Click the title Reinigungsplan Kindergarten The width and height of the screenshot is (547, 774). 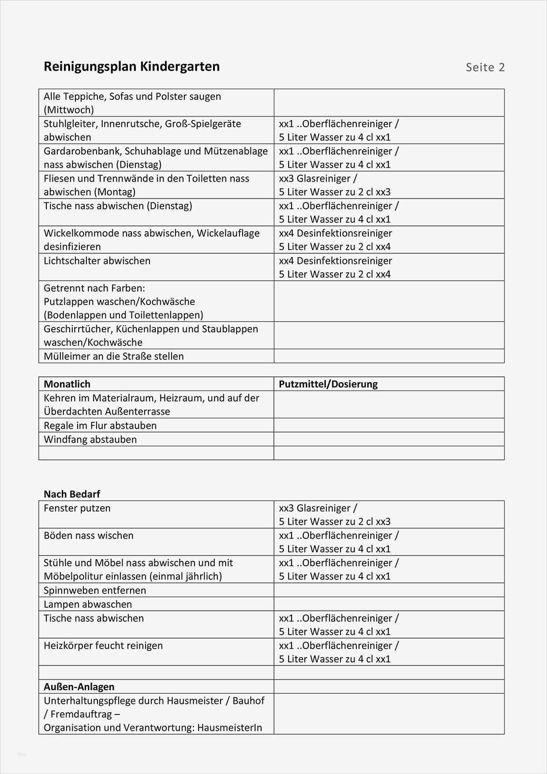131,67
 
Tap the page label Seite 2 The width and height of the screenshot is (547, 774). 485,68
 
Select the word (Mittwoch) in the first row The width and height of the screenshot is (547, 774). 69,110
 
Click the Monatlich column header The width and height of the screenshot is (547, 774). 67,384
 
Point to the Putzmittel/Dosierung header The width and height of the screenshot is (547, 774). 328,384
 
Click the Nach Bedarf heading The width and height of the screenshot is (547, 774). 72,494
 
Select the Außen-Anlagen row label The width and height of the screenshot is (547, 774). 79,687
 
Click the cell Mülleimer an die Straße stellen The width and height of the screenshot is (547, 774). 114,356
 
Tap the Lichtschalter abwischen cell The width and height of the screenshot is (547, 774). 97,261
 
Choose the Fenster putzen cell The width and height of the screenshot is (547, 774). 77,508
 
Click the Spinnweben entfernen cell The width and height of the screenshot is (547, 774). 95,590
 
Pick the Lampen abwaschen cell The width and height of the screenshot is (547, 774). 88,604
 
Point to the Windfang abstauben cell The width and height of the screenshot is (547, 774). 90,440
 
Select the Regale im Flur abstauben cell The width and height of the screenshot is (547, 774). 100,425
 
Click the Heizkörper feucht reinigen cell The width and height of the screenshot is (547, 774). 103,646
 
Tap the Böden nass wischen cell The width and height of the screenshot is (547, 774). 89,536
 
